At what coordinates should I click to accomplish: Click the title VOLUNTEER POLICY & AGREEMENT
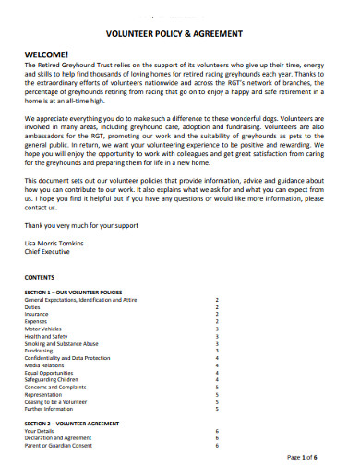click(175, 33)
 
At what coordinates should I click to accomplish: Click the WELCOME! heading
click(46, 54)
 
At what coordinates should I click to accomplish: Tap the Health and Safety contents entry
click(46, 336)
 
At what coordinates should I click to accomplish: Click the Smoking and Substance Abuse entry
click(60, 343)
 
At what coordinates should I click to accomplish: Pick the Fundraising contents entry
click(40, 351)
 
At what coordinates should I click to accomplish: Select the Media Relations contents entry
click(45, 365)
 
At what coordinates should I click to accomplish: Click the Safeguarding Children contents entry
click(52, 379)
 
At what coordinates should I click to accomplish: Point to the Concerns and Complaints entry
click(54, 387)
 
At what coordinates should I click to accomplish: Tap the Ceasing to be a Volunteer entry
click(57, 401)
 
